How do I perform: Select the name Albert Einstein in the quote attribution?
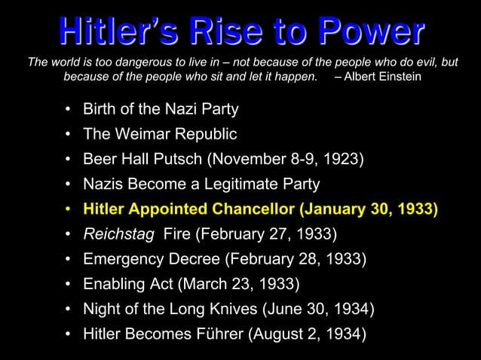[385, 78]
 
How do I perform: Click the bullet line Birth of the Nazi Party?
[161, 110]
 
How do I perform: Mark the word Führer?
[219, 334]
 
